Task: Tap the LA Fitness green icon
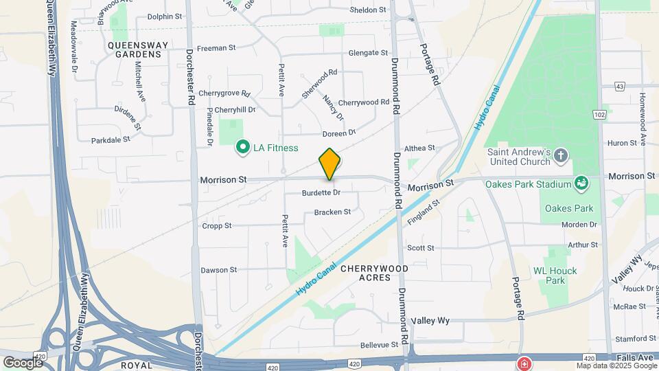[x=242, y=147]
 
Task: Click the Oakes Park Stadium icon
[x=583, y=183]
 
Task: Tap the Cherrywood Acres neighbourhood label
[x=374, y=273]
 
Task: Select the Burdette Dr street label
[x=321, y=193]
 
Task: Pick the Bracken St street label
[x=332, y=212]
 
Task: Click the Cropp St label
[x=217, y=225]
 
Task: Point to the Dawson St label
[x=218, y=270]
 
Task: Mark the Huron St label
[x=623, y=143]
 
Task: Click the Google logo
[x=23, y=361]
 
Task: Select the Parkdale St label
[x=111, y=139]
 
